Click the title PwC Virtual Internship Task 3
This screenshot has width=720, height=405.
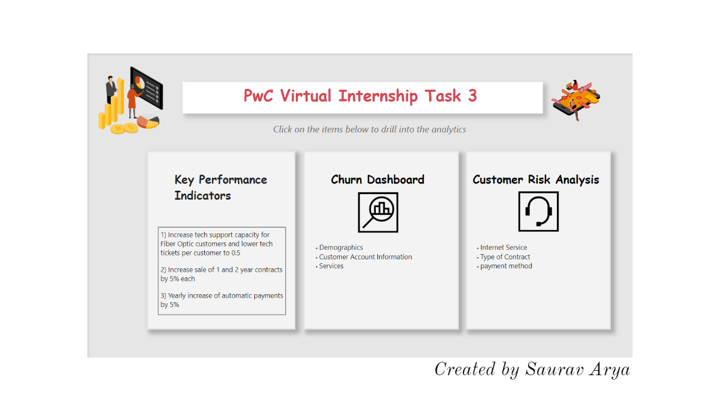[x=360, y=96]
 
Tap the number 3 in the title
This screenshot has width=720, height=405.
[x=472, y=96]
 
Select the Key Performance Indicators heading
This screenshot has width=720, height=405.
[x=220, y=188]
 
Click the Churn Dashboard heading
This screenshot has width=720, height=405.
[x=377, y=179]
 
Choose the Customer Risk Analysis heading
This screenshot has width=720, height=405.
[x=536, y=180]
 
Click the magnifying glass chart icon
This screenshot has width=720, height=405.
[x=378, y=212]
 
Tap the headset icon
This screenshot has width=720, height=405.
[x=538, y=211]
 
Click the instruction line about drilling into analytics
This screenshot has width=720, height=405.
[x=370, y=129]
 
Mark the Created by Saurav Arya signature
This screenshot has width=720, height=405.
[x=532, y=370]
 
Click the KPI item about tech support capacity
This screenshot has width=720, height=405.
[x=217, y=244]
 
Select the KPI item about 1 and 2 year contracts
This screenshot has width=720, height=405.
[x=222, y=274]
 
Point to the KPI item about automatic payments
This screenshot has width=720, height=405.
[x=222, y=300]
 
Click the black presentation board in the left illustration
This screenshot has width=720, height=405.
[x=147, y=88]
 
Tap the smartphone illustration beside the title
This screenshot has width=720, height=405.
[x=576, y=100]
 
